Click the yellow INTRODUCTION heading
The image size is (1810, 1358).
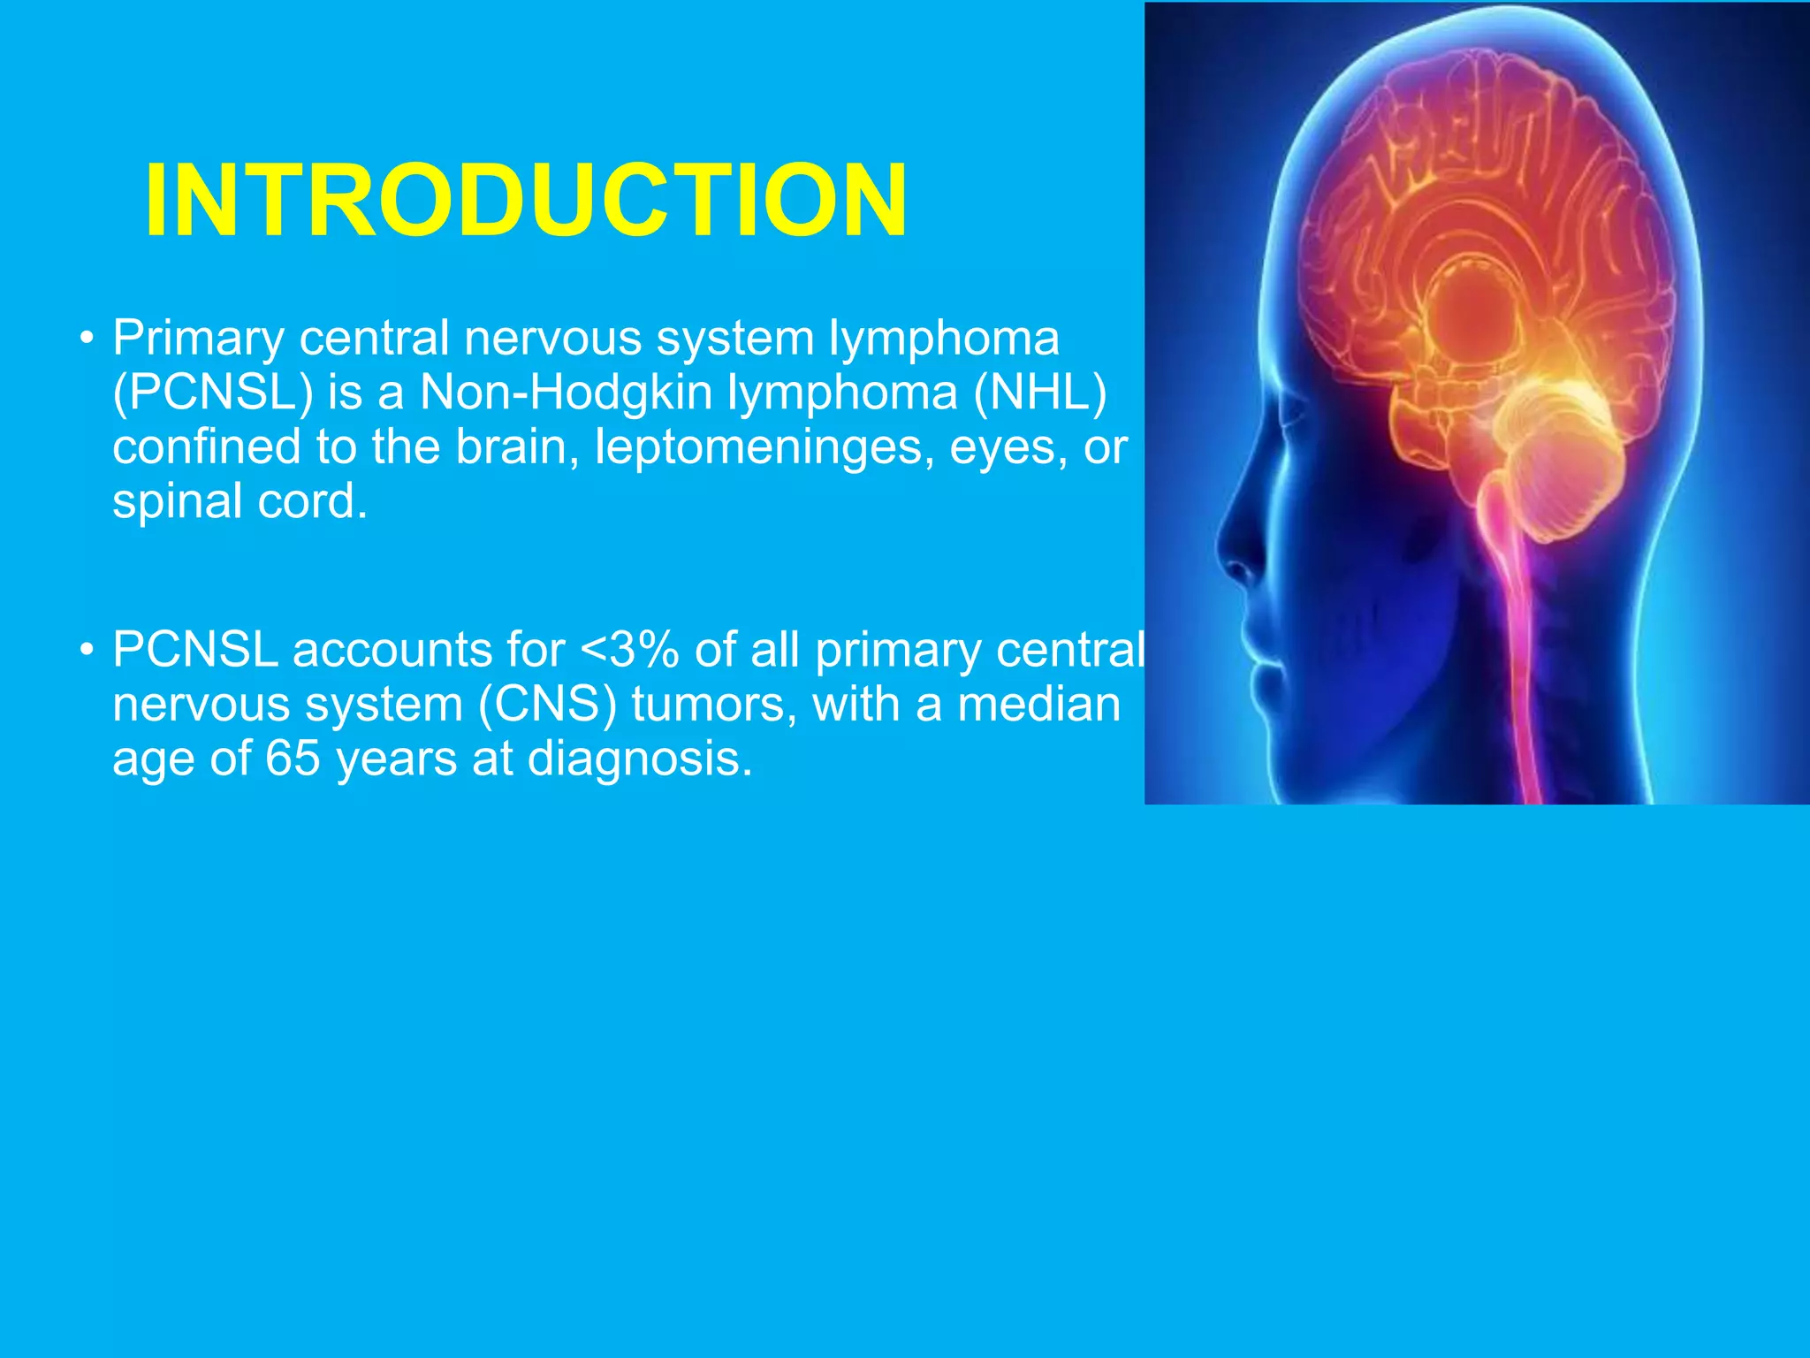526,201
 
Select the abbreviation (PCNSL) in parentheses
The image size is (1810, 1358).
213,393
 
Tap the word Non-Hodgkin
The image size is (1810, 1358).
567,393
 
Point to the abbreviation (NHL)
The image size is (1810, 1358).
1040,393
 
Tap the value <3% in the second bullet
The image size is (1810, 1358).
629,651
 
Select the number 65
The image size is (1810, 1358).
293,759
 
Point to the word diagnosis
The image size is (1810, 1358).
640,759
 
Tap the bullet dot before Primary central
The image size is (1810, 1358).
86,339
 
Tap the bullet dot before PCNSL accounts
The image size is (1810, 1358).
86,651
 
